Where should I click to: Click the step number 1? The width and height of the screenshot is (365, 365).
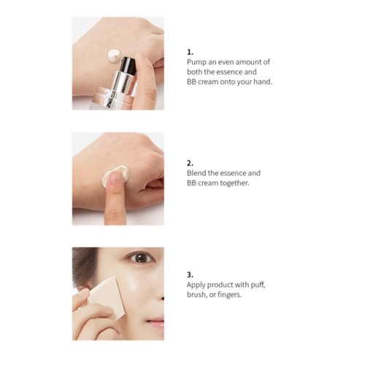pos(190,52)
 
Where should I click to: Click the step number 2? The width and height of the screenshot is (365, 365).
pos(191,163)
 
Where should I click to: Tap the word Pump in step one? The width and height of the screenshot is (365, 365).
pos(197,62)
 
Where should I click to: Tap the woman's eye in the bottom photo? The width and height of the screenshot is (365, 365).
pos(139,257)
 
